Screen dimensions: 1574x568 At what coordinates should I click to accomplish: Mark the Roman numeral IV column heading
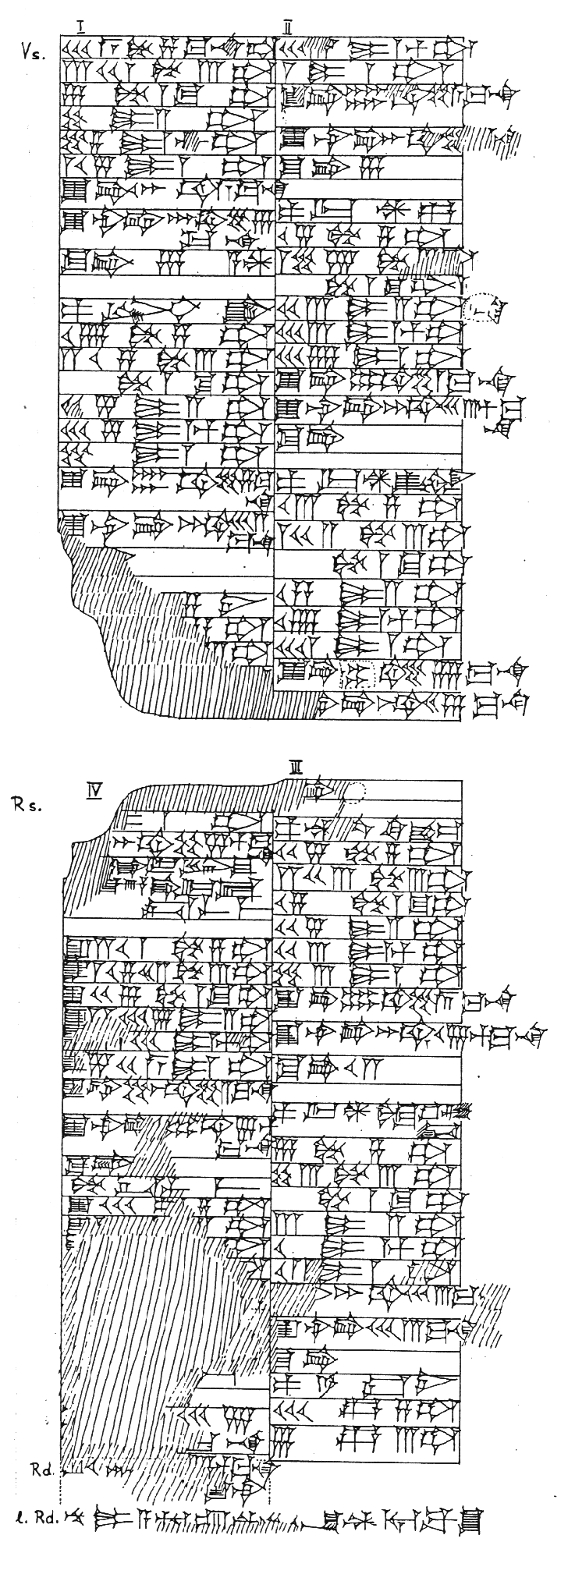[95, 792]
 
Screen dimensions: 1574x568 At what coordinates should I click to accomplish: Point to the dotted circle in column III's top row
[353, 792]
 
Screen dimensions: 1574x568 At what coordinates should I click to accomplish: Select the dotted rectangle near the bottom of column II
[357, 674]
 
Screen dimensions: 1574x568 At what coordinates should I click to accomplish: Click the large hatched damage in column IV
[133, 1326]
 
